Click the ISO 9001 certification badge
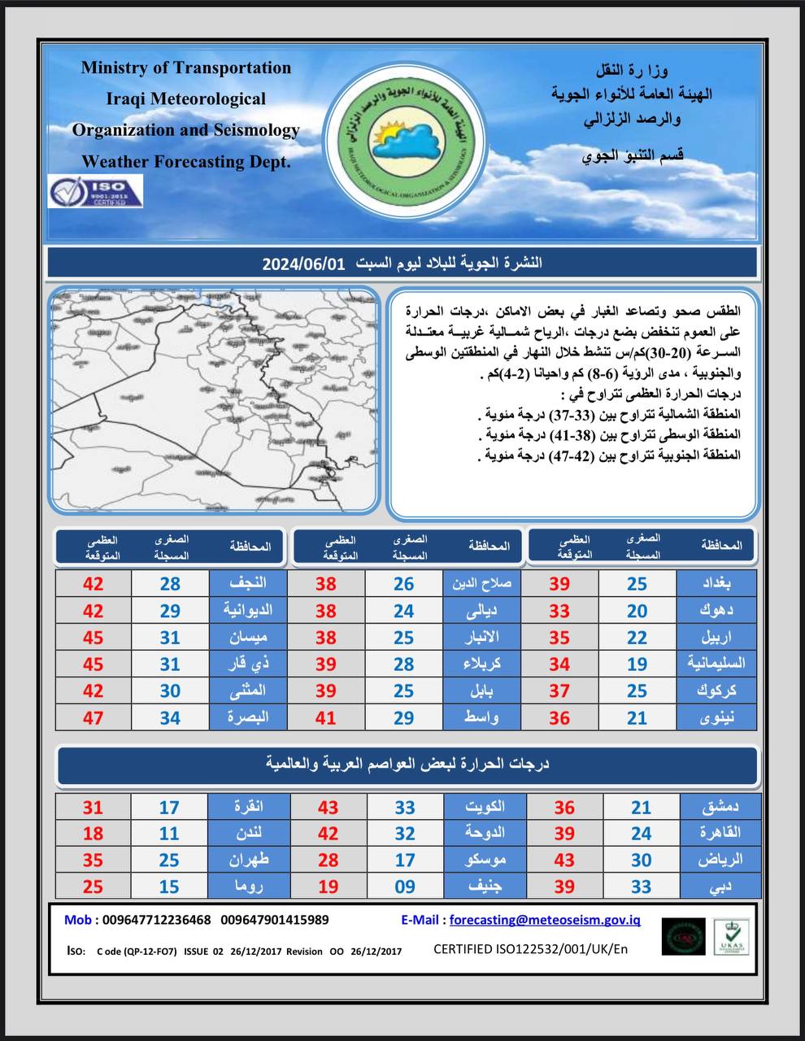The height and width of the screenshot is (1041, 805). point(95,191)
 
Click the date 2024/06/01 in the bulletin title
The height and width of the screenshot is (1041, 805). point(303,264)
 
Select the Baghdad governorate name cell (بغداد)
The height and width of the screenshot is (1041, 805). point(716,583)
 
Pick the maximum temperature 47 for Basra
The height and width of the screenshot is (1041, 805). point(94,717)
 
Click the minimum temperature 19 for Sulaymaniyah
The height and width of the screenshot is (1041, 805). point(637,664)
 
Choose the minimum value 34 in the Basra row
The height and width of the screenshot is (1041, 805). point(169,717)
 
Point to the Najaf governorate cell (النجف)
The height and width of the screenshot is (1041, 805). point(249,583)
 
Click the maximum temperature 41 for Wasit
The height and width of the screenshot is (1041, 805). point(326,717)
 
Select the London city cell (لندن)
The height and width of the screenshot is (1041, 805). point(249,833)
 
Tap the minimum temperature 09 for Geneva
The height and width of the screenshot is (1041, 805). point(405,886)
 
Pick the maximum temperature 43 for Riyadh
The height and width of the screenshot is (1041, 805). point(564,860)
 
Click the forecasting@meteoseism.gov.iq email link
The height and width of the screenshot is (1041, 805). point(545,920)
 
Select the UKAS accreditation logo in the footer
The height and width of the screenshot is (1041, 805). point(731,938)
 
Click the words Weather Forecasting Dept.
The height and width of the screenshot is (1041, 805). point(186,161)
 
